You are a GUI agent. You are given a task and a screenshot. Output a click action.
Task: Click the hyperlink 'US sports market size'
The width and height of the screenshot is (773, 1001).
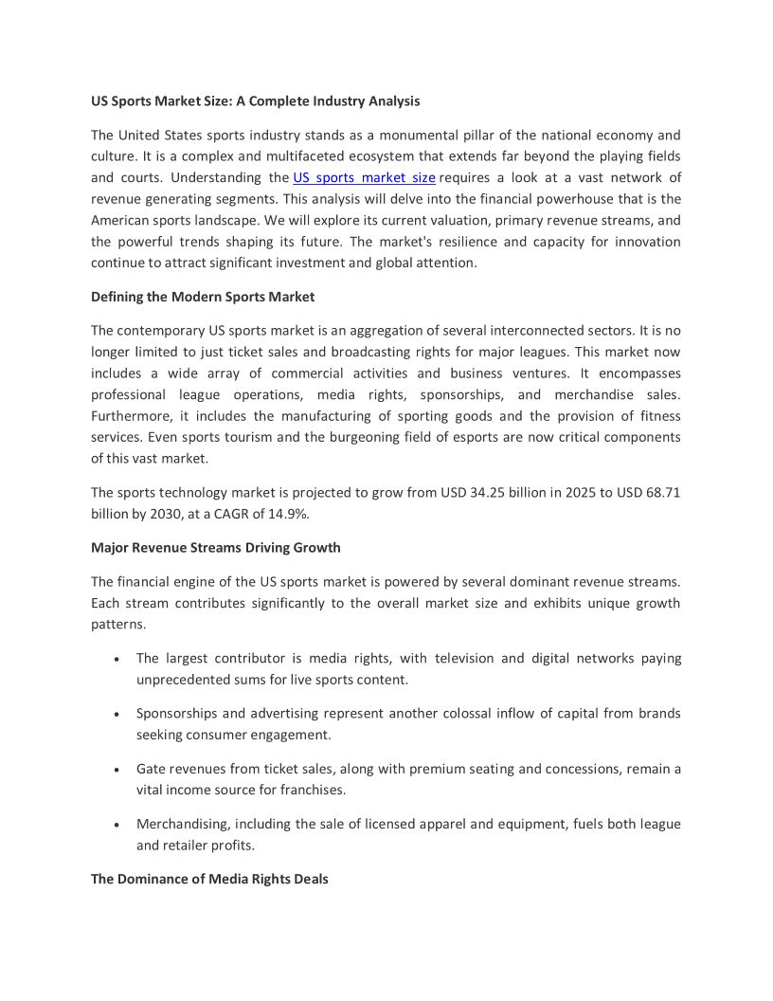[x=364, y=177]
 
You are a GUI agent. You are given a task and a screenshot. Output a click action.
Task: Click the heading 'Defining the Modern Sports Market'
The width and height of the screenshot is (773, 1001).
[x=203, y=297]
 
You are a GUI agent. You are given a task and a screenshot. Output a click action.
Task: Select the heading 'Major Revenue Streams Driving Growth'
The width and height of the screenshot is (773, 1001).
[x=216, y=548]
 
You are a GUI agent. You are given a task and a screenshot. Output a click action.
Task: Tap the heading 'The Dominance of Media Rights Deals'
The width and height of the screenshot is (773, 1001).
[x=209, y=880]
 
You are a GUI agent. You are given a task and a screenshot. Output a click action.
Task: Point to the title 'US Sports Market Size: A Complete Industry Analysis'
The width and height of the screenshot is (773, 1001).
[x=256, y=100]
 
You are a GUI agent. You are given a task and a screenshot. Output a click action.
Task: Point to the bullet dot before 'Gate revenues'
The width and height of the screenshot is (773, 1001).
[x=116, y=770]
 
